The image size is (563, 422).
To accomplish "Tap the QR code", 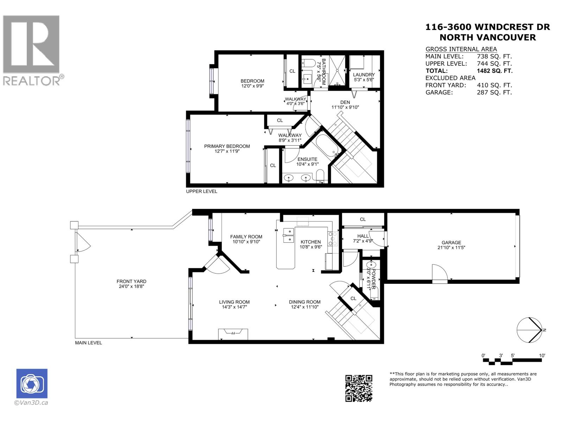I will (359, 388).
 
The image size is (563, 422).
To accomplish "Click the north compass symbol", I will (529, 330).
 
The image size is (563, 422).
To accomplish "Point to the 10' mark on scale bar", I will (542, 356).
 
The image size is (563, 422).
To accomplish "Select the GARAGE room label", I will (451, 242).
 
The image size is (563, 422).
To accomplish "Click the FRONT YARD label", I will (131, 281).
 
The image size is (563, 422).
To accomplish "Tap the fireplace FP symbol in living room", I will (233, 333).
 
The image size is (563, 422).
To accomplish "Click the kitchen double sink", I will (289, 235).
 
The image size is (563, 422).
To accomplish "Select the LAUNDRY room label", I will (364, 75).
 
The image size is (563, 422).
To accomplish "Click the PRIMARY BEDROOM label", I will (227, 146).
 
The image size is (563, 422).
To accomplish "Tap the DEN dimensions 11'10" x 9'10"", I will (345, 108).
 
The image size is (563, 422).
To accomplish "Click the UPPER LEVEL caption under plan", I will (202, 191).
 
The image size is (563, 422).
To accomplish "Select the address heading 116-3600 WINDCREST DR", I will (487, 27).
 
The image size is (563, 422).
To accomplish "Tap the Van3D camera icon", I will (32, 384).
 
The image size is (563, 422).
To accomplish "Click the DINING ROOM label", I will (305, 302).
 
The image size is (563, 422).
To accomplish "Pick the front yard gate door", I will (82, 243).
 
